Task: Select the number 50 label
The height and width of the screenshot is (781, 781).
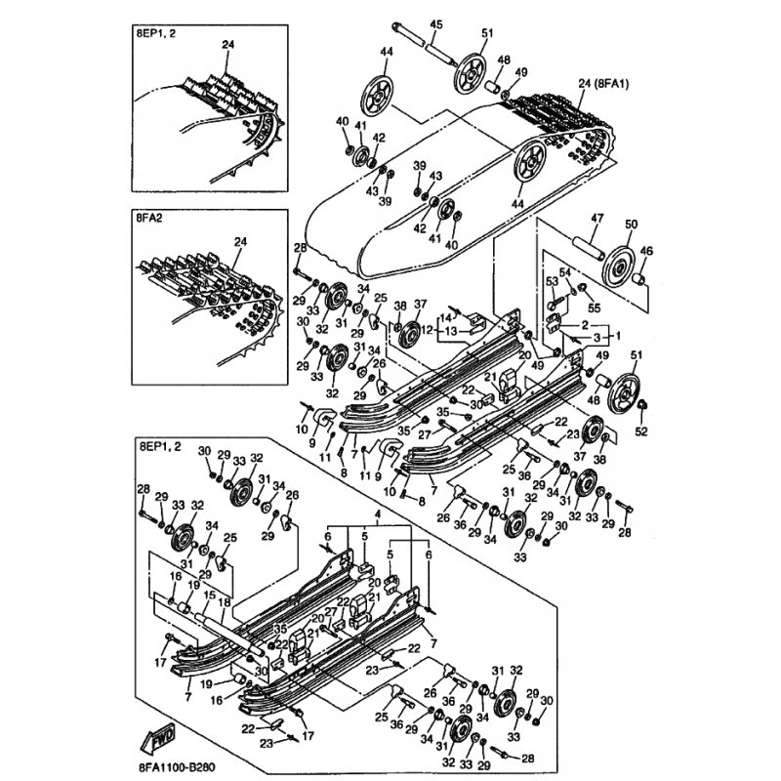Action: [630, 225]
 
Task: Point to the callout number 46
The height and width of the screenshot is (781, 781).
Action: [644, 252]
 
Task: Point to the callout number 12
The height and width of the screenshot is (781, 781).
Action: [427, 331]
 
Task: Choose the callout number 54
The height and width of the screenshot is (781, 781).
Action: [563, 272]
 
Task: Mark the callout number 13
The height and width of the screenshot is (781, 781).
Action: [451, 331]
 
